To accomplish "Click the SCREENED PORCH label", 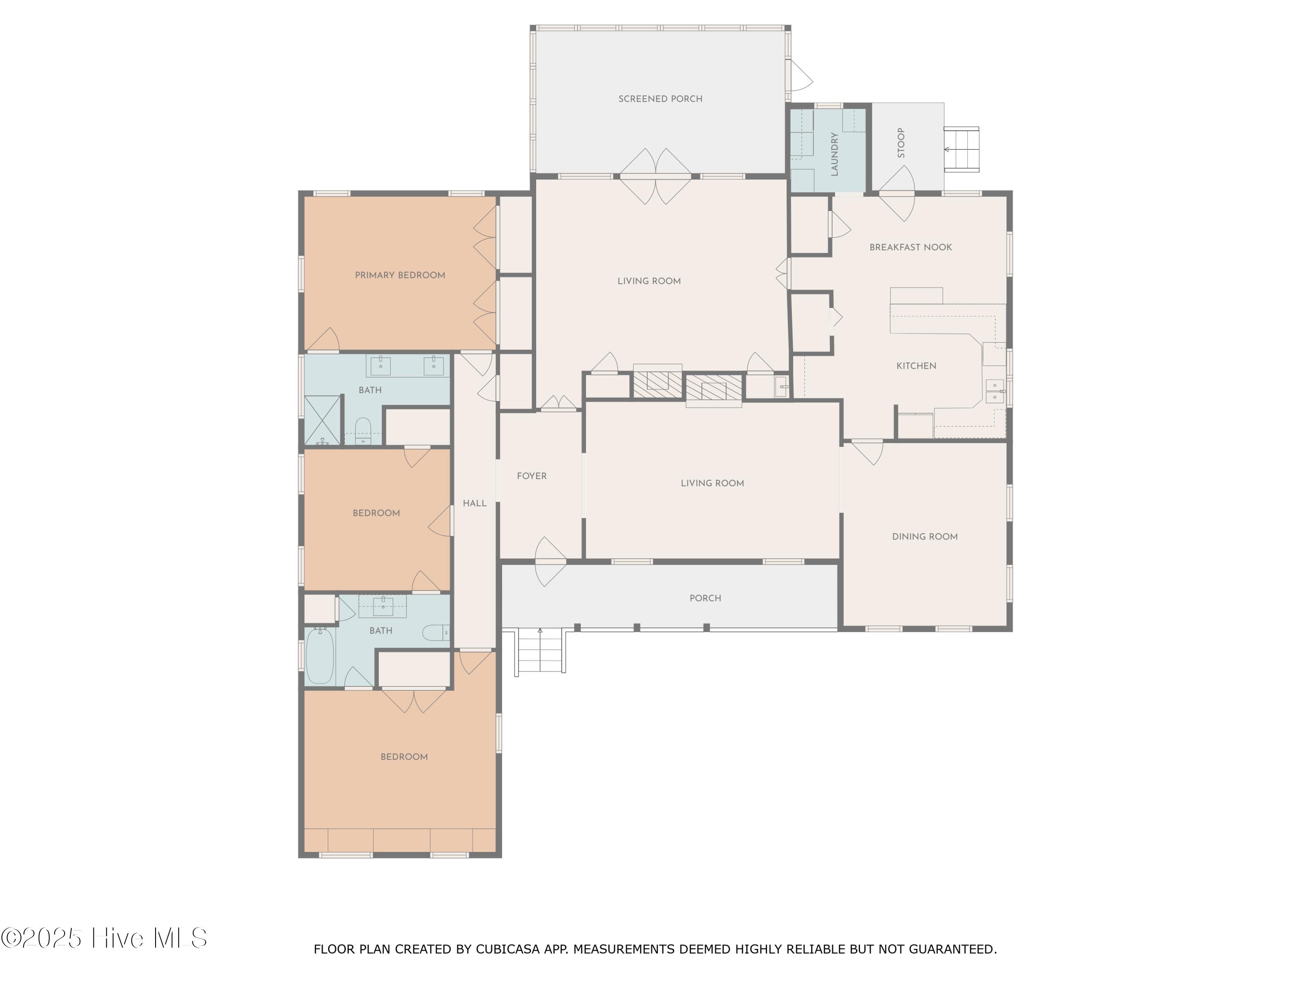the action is pos(660,99).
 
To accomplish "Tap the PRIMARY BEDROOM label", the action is pos(400,275).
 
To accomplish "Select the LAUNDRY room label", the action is pos(835,154).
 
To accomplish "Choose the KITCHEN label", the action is pos(916,366).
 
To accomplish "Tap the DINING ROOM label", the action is pos(925,536).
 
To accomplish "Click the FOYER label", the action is pos(532,476).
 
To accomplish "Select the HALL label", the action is pos(474,503).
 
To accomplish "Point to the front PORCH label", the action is pos(705,598).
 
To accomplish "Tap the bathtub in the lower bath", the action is pos(320,656).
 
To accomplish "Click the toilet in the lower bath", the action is pos(437,633).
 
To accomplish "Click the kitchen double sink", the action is pos(995,391).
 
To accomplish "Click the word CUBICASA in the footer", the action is pos(508,948).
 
